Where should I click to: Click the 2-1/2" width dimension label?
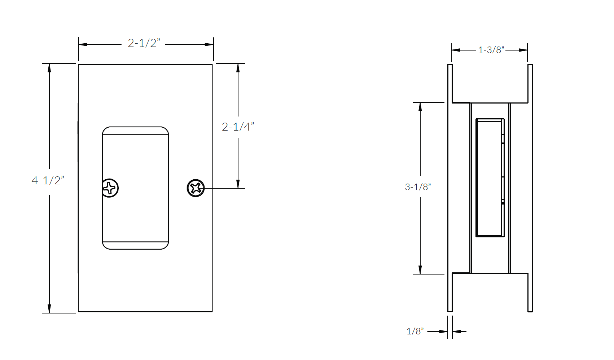click(x=144, y=43)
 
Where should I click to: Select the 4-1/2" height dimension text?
click(x=48, y=180)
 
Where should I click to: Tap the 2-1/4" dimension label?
click(x=238, y=127)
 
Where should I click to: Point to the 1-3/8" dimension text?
click(x=491, y=50)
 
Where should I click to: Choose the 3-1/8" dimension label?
click(x=418, y=187)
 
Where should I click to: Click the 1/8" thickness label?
click(x=415, y=331)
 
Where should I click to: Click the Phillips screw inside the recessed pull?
click(x=110, y=188)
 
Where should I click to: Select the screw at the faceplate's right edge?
click(x=196, y=188)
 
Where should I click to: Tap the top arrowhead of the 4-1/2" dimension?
click(x=49, y=68)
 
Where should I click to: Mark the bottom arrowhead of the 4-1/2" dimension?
click(x=49, y=308)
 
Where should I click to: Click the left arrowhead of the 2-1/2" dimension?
click(x=83, y=44)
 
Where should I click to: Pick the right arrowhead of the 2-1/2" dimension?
click(x=209, y=44)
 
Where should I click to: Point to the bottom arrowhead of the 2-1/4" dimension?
click(x=238, y=184)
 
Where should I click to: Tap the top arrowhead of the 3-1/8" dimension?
click(x=420, y=107)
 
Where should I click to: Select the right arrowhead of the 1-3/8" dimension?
click(x=523, y=50)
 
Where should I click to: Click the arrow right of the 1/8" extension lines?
click(x=457, y=331)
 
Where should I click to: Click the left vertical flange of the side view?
click(x=450, y=188)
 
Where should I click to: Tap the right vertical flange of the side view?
click(x=530, y=188)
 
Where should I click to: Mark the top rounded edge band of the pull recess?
click(x=135, y=131)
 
